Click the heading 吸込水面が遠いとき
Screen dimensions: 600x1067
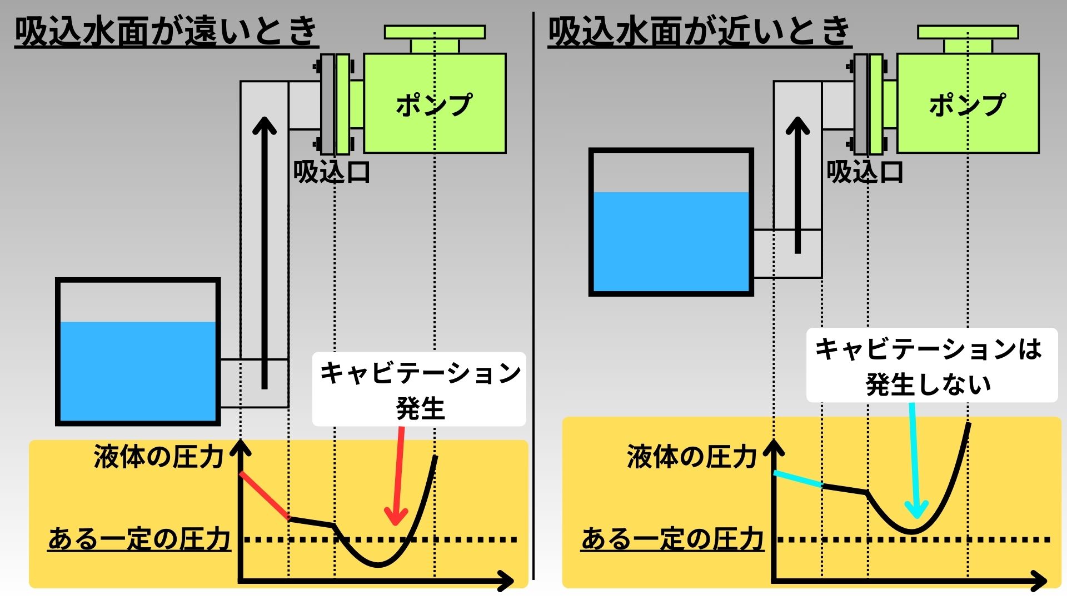click(166, 31)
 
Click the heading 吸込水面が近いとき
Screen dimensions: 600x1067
click(699, 31)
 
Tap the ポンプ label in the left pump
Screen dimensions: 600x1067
click(433, 104)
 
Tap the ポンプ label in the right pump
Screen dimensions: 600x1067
click(967, 104)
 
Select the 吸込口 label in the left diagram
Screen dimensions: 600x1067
click(331, 172)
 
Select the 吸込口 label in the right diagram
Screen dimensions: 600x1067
click(865, 172)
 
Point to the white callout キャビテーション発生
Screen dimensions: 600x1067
click(419, 389)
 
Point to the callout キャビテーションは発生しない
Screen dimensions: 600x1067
click(931, 366)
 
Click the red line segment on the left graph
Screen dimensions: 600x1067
click(264, 495)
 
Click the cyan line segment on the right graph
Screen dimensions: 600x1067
click(798, 479)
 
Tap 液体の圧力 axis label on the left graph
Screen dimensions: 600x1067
click(158, 457)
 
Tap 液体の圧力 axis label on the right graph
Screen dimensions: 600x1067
click(692, 457)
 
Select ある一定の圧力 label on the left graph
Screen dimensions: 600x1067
click(139, 539)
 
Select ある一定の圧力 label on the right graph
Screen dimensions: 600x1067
click(672, 539)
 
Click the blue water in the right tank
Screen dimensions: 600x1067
click(671, 242)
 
